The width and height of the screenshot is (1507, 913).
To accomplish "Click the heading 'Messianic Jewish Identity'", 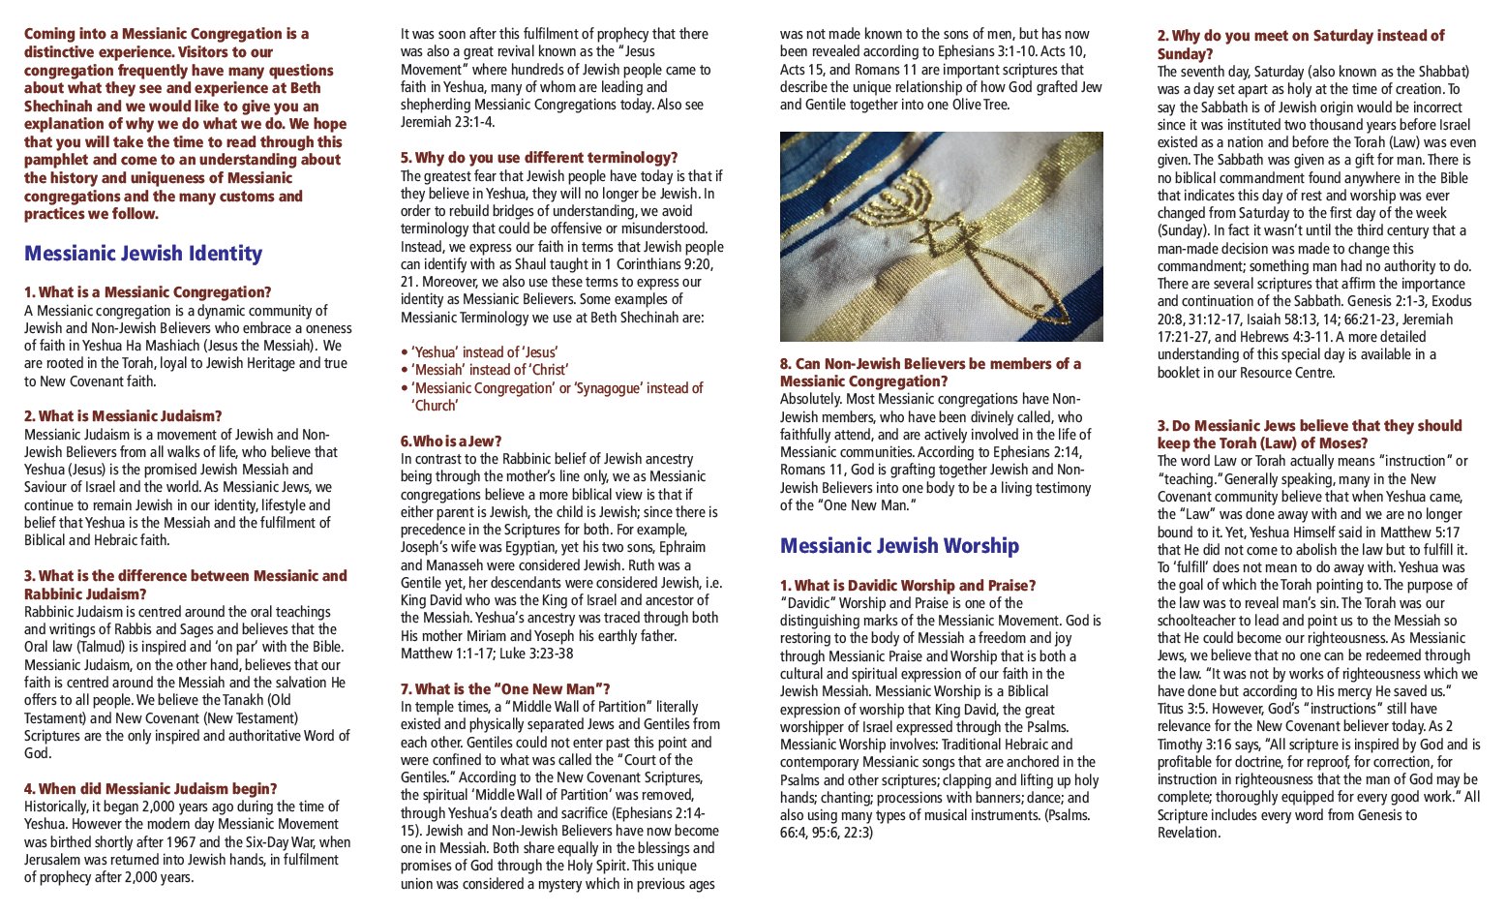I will (x=143, y=254).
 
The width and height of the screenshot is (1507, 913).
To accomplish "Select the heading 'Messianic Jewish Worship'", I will (x=899, y=546).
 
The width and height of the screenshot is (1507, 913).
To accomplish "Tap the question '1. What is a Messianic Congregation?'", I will (x=147, y=292).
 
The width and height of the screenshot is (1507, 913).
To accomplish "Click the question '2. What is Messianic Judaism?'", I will (x=123, y=416).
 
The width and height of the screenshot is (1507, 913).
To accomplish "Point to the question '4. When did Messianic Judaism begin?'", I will (x=150, y=789).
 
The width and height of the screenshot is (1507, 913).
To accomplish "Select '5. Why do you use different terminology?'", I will (x=539, y=158).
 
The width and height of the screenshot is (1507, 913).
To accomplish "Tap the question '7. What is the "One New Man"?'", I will (x=505, y=689).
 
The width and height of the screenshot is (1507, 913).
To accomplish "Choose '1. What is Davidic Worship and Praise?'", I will (x=908, y=586).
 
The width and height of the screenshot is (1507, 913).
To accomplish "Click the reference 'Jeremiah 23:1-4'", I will (x=447, y=122).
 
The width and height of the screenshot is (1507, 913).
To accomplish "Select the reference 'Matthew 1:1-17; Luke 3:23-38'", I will (x=487, y=654).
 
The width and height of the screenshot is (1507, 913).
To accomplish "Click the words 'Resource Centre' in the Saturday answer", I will (x=1286, y=373).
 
